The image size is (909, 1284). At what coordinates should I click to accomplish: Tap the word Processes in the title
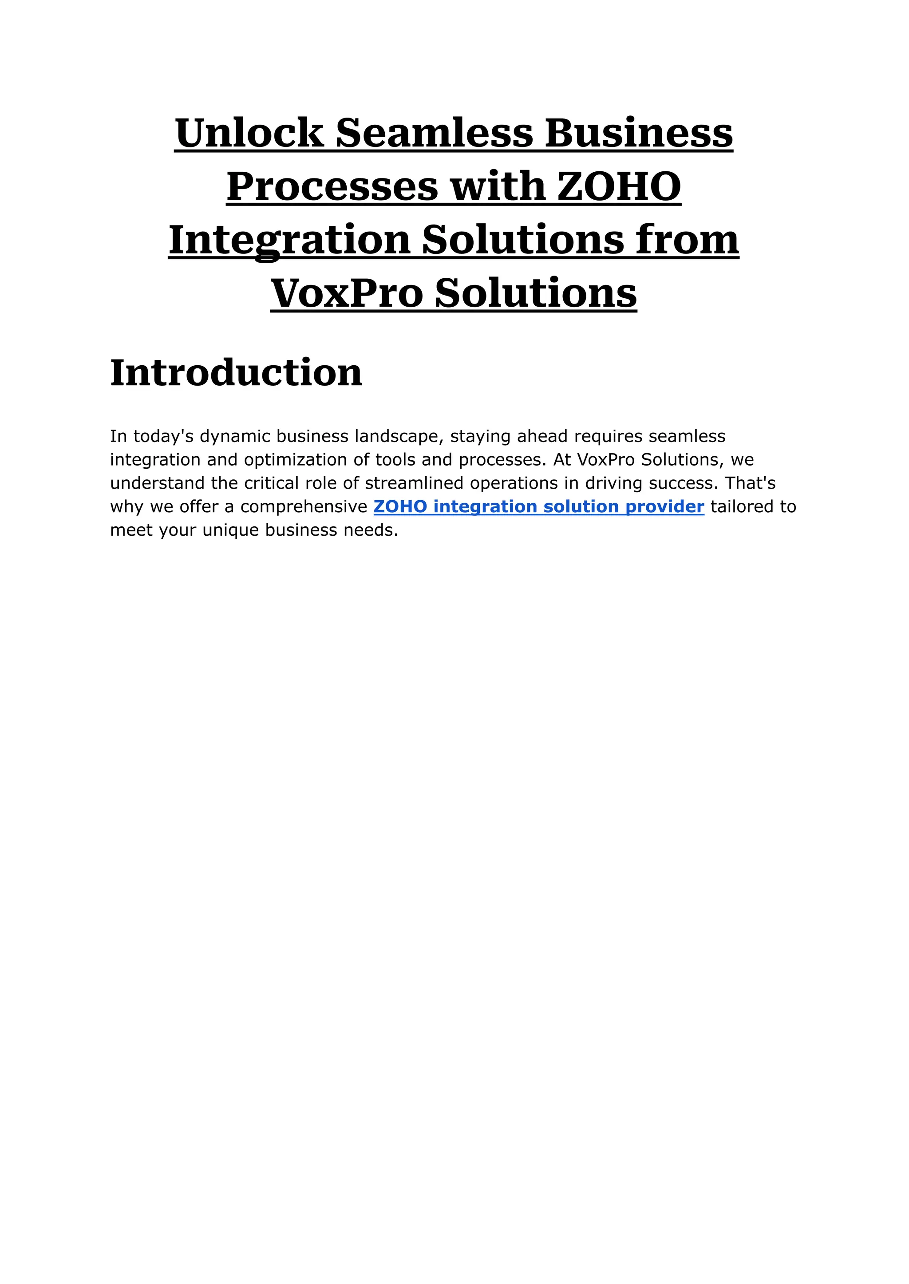point(332,187)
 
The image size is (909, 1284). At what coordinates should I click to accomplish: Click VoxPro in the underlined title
point(347,293)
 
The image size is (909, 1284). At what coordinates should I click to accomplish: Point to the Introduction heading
point(236,373)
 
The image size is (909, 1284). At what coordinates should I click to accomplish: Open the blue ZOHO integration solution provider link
point(538,506)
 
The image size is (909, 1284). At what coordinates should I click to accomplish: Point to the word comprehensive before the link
point(304,506)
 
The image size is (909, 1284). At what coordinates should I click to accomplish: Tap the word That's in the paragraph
point(750,483)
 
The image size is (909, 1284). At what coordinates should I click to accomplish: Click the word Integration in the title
point(289,240)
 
